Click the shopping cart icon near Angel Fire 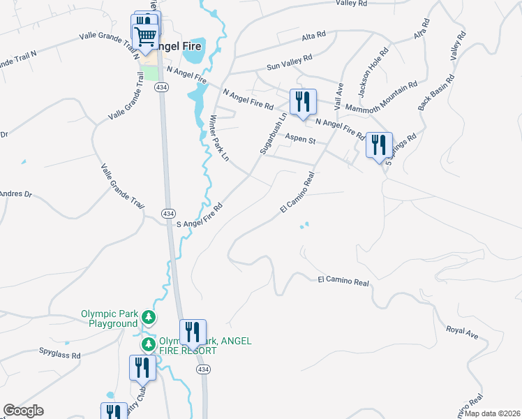[x=145, y=37]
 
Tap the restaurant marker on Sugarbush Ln [x=303, y=102]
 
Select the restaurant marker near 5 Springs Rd [x=378, y=145]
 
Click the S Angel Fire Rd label [x=199, y=216]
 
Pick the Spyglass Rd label [x=60, y=355]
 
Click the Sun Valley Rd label [x=290, y=63]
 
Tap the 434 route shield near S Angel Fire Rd [x=167, y=213]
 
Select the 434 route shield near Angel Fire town [x=161, y=87]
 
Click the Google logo [x=23, y=411]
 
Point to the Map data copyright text [x=492, y=413]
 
